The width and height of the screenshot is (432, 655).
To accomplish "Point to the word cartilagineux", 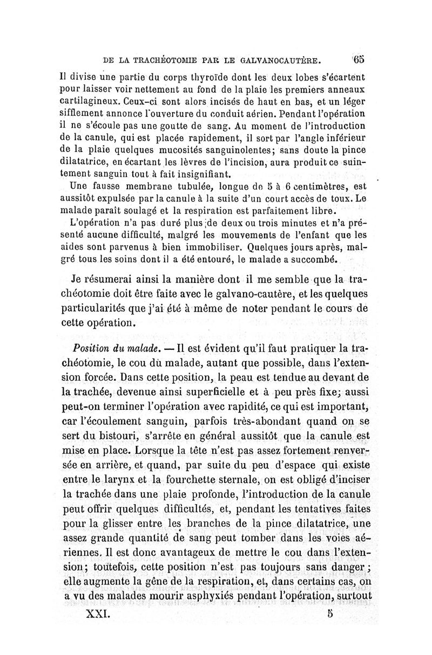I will tap(90, 101).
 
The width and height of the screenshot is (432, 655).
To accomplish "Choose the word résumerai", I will tap(113, 280).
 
